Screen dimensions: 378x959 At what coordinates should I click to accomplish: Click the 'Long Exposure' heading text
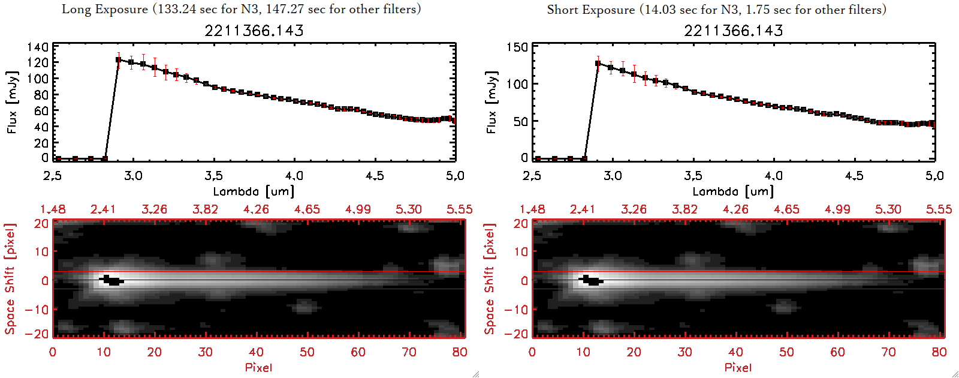(105, 9)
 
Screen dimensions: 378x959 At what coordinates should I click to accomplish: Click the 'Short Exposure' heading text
(590, 10)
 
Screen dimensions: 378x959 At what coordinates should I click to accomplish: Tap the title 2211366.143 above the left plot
(254, 31)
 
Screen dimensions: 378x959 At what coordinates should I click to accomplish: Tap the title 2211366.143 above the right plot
(734, 31)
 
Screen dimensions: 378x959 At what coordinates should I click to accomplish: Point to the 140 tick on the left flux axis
(38, 47)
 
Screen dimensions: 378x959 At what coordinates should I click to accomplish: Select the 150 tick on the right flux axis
(517, 47)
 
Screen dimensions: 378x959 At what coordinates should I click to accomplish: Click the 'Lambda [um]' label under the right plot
(733, 191)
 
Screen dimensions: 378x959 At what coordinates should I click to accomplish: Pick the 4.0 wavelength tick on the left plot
(294, 176)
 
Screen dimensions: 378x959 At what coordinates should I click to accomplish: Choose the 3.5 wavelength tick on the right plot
(693, 176)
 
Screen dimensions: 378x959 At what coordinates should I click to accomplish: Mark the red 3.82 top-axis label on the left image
(205, 209)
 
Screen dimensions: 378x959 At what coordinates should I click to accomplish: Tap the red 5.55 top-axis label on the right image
(939, 209)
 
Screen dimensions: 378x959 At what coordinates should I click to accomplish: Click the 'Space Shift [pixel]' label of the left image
(10, 279)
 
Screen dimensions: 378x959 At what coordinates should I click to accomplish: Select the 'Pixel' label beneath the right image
(738, 367)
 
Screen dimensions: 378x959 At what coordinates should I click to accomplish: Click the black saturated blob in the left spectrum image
(112, 280)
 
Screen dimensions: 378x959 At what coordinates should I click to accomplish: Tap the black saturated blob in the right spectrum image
(592, 280)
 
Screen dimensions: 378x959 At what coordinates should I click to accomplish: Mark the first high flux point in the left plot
(119, 60)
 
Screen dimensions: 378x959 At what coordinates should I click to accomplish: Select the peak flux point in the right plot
(598, 63)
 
